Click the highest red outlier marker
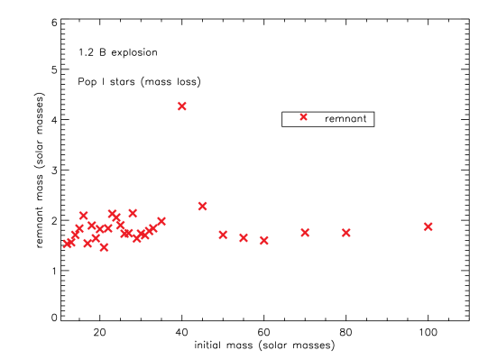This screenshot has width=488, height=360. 181,106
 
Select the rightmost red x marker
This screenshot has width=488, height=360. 428,226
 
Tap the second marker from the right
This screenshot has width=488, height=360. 345,232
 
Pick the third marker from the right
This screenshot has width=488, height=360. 305,232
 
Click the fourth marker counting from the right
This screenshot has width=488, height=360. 263,240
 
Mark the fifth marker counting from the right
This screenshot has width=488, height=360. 243,237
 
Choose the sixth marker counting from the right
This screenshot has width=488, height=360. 223,235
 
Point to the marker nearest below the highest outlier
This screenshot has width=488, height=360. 202,206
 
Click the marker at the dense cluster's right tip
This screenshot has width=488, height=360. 161,221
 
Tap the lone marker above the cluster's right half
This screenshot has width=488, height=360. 133,213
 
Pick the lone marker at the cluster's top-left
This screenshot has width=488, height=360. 83,215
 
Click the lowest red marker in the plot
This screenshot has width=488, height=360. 104,247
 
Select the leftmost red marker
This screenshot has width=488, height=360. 67,243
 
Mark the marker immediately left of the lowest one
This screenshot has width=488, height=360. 87,243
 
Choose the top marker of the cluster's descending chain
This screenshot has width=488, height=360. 111,213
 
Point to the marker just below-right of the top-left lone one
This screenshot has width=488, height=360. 91,225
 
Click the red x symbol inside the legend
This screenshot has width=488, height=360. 303,117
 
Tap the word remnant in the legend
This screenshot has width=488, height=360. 345,119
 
